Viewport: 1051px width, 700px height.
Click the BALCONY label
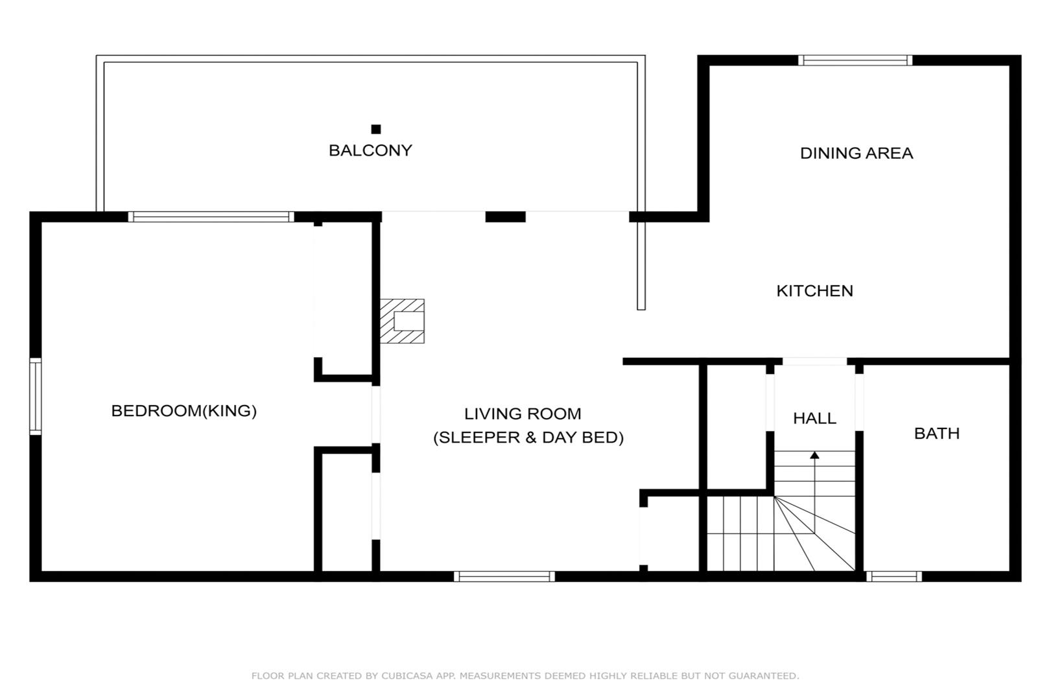pos(370,150)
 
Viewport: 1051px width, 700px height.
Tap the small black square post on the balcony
pos(376,129)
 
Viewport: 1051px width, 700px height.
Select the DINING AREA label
pos(856,153)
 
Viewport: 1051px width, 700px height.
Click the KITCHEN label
pos(814,291)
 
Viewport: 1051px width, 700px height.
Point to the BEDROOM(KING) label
pos(184,411)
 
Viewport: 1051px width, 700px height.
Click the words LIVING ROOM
pos(523,414)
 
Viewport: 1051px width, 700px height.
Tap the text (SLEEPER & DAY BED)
pos(528,437)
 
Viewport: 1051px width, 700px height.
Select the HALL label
pos(814,418)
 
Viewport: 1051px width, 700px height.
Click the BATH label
pos(937,434)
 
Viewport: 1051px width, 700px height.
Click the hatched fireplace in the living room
pos(402,321)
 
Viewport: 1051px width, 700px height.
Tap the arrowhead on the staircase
pos(814,455)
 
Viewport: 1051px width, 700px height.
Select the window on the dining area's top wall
pos(855,60)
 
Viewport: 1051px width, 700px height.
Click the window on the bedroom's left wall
pos(36,397)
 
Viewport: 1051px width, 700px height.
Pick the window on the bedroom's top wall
pos(211,216)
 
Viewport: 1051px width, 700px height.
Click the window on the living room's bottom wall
pos(504,577)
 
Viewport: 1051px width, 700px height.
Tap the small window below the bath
pos(894,577)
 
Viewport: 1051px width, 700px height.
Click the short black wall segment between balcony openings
pos(505,216)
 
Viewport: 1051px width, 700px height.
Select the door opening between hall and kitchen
pos(814,361)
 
